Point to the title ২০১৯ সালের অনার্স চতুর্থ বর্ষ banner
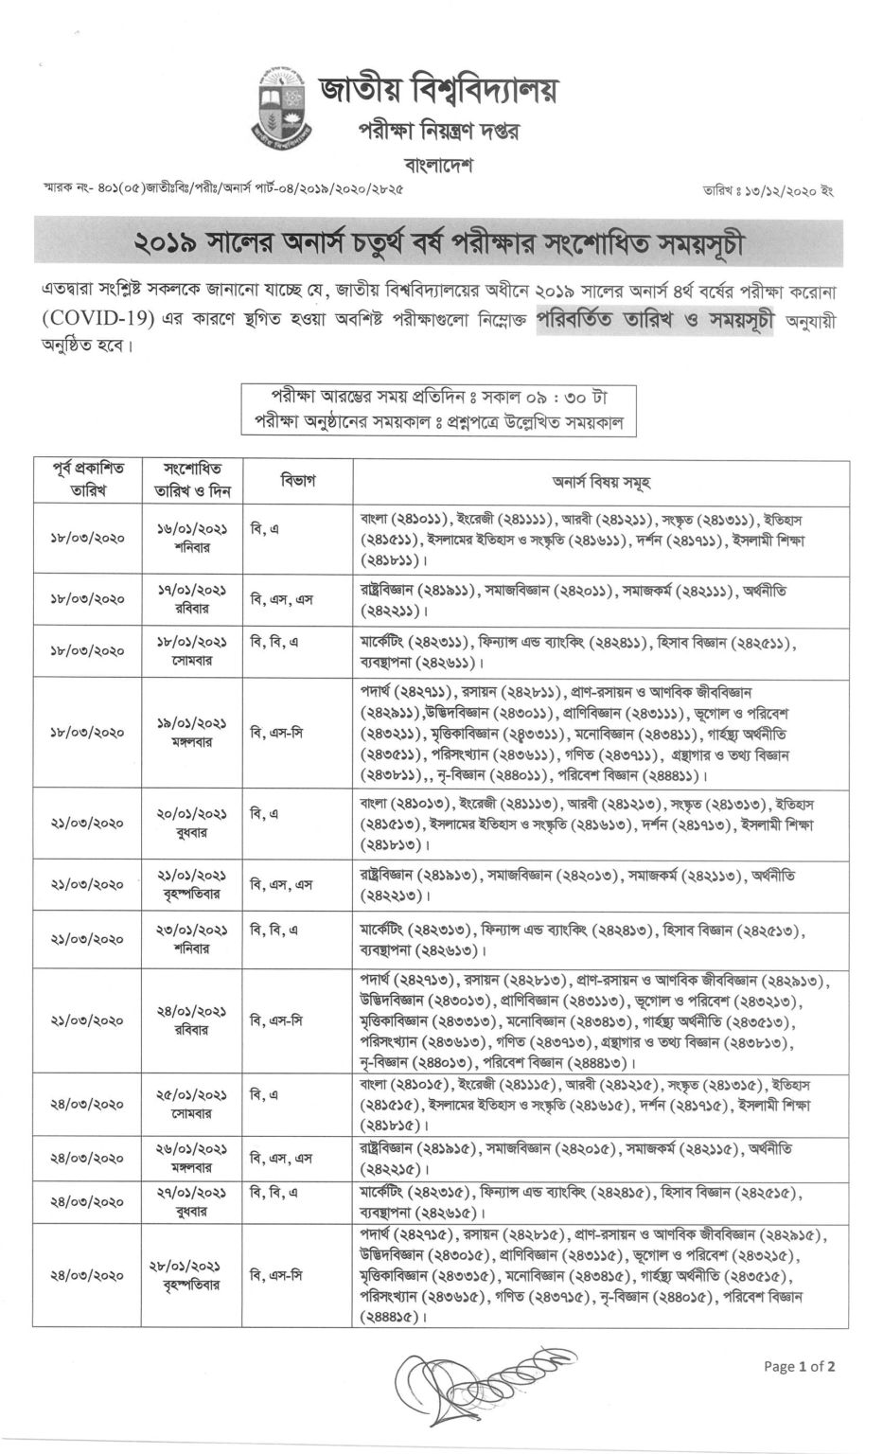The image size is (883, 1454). (438, 241)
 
